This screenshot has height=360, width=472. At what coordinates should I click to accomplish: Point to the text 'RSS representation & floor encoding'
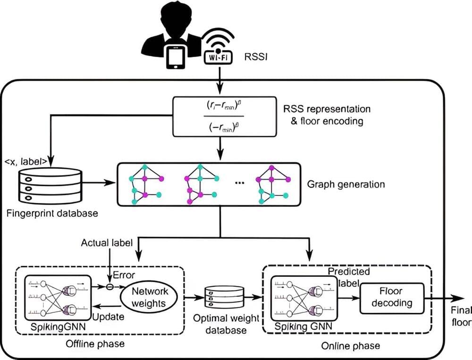coord(326,115)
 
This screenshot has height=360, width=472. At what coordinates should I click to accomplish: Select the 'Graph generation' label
coord(346,184)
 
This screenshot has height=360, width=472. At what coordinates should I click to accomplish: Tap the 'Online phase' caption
coord(350,346)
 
